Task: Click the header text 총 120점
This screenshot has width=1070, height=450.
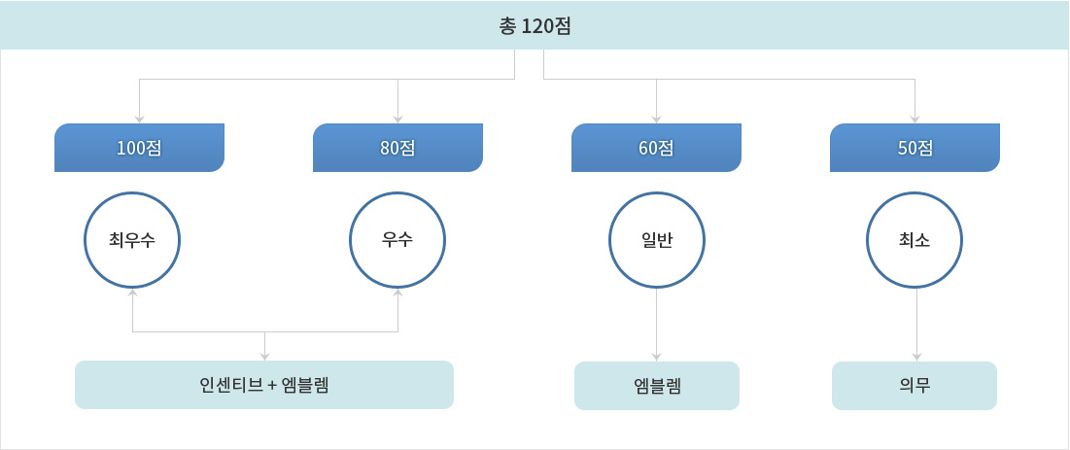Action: [535, 26]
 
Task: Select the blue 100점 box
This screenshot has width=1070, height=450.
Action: [139, 148]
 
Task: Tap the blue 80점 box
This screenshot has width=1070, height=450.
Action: [397, 148]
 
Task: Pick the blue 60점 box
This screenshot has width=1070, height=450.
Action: [656, 148]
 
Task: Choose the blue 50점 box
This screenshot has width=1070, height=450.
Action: [915, 148]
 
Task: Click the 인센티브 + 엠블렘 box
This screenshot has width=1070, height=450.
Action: [264, 385]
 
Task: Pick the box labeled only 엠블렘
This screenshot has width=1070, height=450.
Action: [656, 386]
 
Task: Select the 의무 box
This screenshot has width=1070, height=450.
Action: [915, 386]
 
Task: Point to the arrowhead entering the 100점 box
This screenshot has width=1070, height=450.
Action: [139, 120]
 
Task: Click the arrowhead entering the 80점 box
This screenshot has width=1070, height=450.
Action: [397, 120]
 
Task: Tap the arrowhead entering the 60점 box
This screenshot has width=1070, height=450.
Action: [656, 120]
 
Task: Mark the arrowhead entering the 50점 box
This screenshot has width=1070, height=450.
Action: [915, 120]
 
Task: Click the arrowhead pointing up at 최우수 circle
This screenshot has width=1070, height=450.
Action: [132, 293]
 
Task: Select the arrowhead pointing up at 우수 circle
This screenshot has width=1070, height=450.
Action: [397, 293]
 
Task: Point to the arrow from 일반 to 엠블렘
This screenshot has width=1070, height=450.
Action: [656, 325]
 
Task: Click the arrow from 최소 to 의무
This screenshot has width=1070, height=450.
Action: [917, 325]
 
